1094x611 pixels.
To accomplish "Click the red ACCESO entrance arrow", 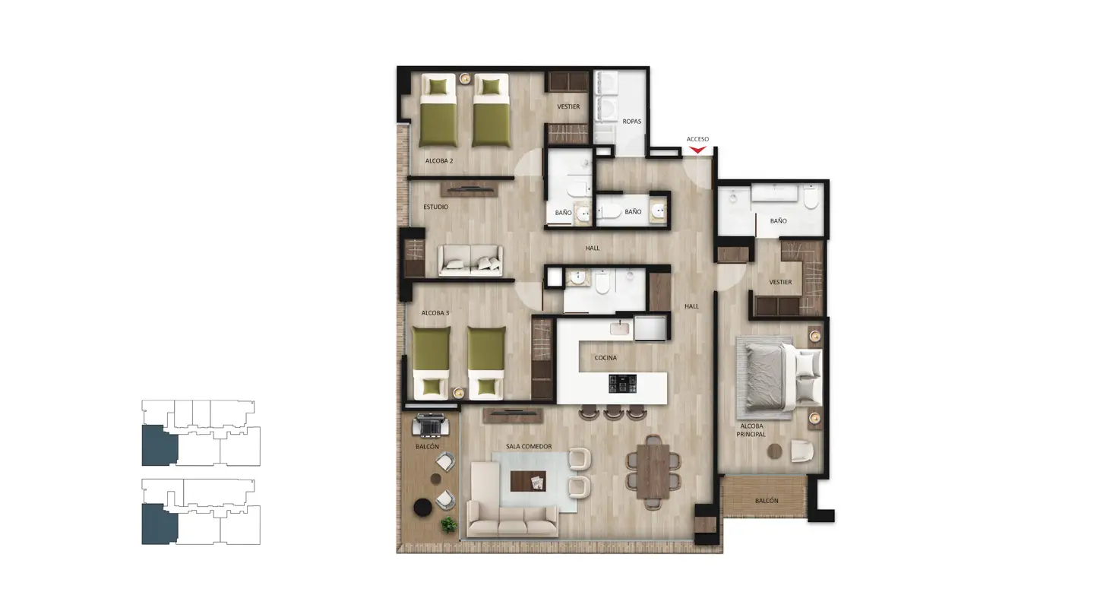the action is pos(697,150).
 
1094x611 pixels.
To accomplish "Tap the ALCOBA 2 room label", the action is pos(439,160).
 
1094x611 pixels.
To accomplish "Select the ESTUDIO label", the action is pos(435,207).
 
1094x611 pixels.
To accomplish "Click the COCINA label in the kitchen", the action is pos(605,358).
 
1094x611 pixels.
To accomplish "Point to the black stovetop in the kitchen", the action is pos(623,384).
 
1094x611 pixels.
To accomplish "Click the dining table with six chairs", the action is pos(653,472).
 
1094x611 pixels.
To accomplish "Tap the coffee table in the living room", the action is pos(528,481).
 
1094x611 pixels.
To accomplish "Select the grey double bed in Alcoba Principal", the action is pos(779,377).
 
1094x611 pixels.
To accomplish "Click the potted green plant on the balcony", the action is pos(449,524).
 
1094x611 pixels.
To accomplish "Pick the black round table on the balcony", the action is pos(423,508).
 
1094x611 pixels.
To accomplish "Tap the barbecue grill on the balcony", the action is pos(430,426).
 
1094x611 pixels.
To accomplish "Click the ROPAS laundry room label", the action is pos(632,121).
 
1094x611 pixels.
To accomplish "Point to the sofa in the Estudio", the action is pos(470,261).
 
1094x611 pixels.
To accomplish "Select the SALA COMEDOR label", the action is pos(529,446).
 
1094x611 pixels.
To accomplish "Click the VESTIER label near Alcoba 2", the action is pos(568,106).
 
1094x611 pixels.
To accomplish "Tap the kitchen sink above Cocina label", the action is pos(620,328).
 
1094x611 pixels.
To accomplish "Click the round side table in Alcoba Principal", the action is pos(775,451).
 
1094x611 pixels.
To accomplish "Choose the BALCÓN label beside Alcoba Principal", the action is pos(767,501).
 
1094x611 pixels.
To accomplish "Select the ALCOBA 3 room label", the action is pos(435,313).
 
